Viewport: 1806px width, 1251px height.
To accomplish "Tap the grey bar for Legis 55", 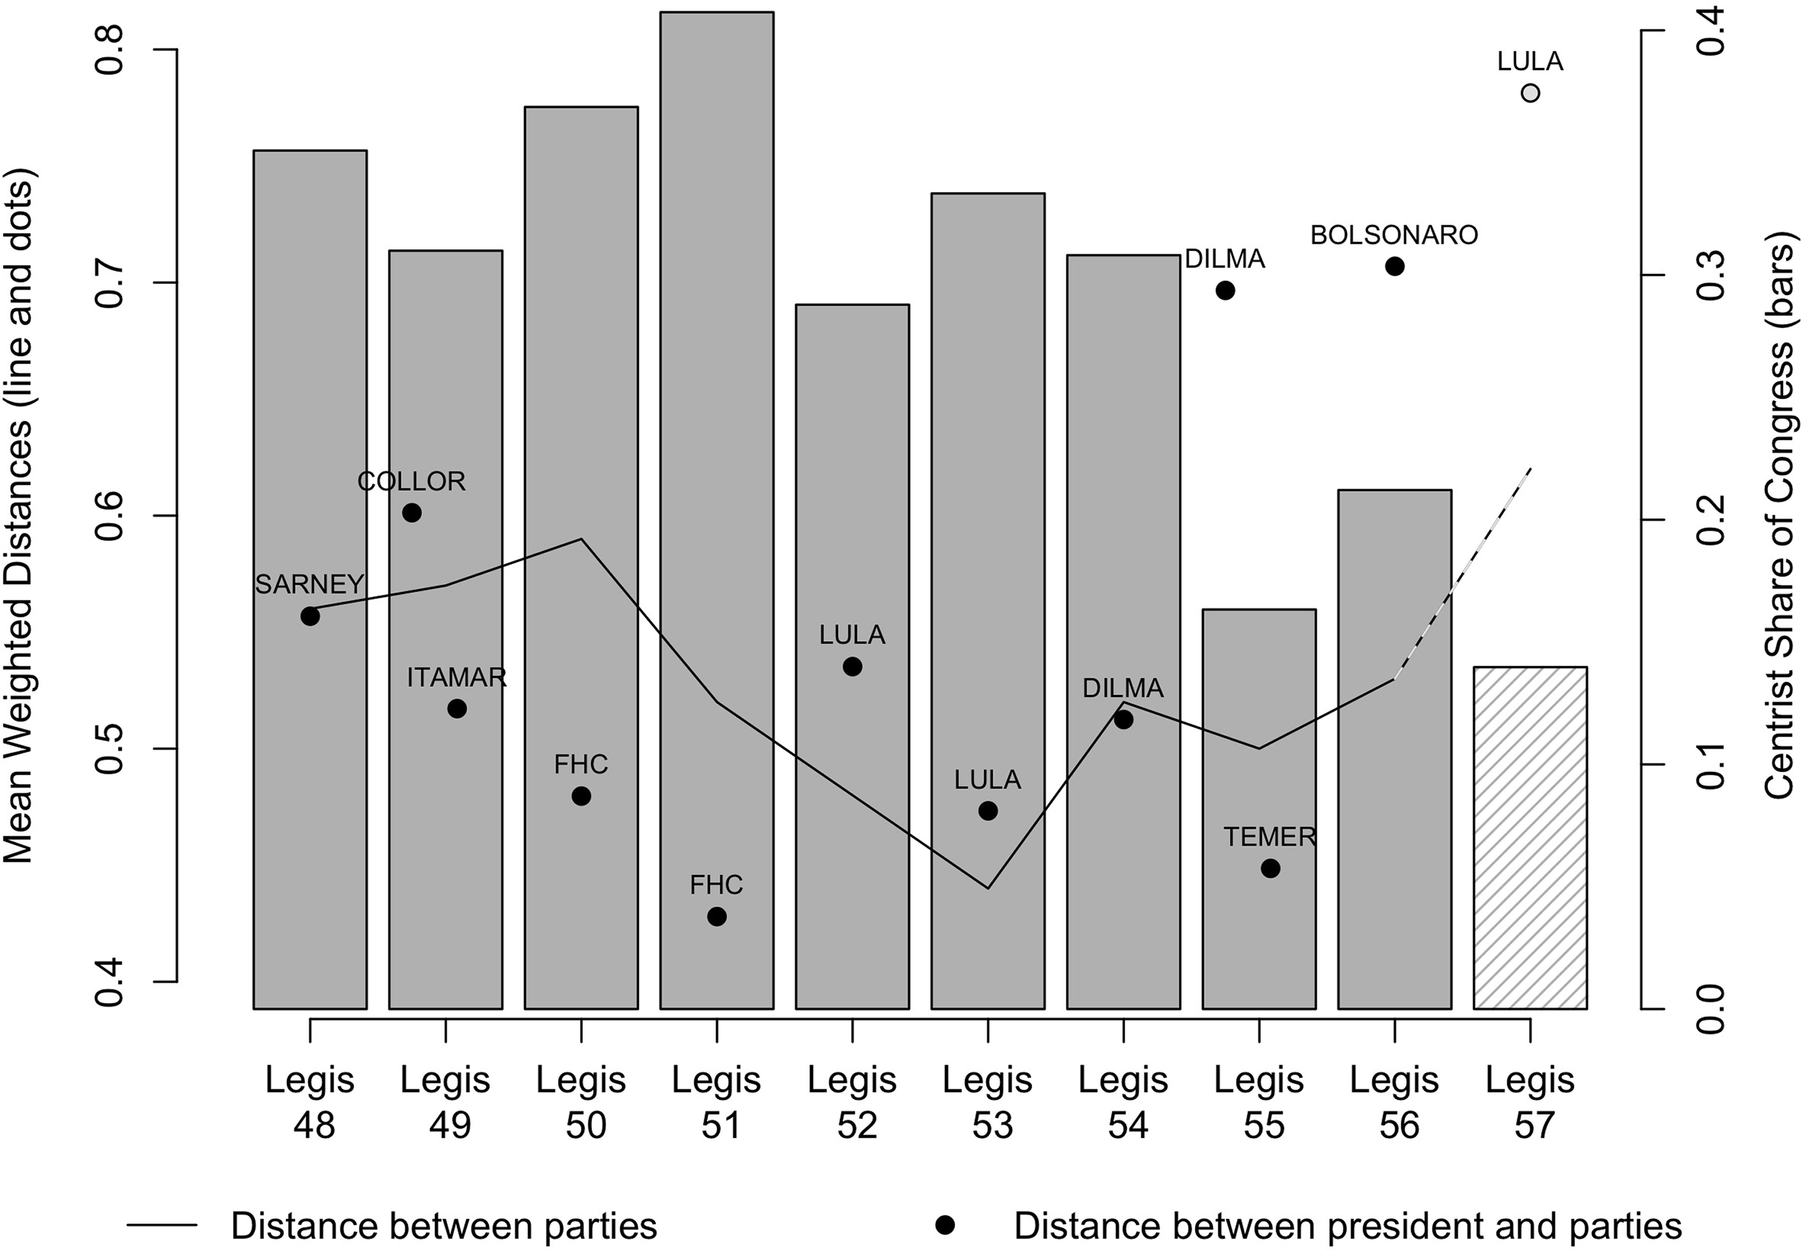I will [1259, 808].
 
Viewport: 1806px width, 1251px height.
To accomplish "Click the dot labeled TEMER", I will [1270, 868].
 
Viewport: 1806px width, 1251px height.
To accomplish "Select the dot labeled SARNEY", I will [309, 616].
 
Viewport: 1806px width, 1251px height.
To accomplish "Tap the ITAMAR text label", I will [457, 677].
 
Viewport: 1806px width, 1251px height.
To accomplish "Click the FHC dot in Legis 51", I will [716, 916].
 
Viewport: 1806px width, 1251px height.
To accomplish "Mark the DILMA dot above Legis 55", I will [1225, 291].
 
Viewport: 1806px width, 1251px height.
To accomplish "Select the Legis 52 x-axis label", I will [852, 1101].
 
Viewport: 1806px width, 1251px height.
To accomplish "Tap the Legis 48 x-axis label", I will [310, 1101].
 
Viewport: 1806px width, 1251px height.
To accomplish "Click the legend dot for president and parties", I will [946, 1225].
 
